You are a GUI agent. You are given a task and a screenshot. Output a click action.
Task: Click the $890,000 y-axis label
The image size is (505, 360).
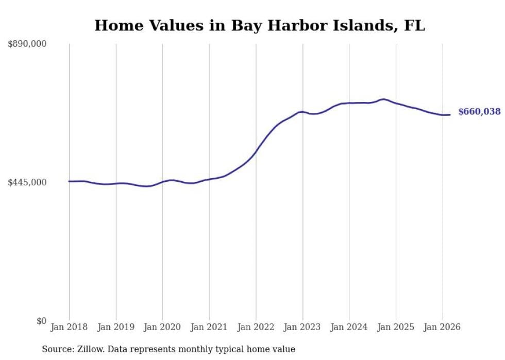pyautogui.click(x=27, y=44)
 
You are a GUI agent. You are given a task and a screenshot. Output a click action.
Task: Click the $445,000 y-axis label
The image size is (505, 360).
pyautogui.click(x=27, y=182)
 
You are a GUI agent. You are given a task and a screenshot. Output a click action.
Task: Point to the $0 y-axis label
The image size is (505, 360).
pyautogui.click(x=41, y=321)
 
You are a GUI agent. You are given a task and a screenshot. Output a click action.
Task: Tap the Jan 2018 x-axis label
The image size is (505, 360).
pyautogui.click(x=69, y=327)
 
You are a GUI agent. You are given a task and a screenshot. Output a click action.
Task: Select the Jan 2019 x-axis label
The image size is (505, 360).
pyautogui.click(x=116, y=327)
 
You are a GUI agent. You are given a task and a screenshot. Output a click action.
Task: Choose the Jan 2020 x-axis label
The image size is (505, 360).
pyautogui.click(x=162, y=327)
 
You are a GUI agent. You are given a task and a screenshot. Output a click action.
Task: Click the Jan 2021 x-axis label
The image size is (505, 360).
pyautogui.click(x=209, y=327)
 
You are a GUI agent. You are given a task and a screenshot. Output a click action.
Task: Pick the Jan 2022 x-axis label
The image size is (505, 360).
pyautogui.click(x=256, y=327)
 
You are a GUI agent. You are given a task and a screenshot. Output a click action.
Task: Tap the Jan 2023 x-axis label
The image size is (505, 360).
pyautogui.click(x=302, y=327)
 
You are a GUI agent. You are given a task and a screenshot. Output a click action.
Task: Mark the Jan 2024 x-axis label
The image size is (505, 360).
pyautogui.click(x=349, y=327)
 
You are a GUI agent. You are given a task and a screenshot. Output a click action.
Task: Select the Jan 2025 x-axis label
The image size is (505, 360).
pyautogui.click(x=396, y=327)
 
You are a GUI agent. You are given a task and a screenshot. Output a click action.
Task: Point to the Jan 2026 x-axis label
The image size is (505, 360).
pyautogui.click(x=442, y=327)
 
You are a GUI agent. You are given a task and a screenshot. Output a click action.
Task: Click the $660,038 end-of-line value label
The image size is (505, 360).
pyautogui.click(x=479, y=111)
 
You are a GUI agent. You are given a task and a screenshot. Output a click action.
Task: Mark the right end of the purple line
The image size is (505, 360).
pyautogui.click(x=450, y=115)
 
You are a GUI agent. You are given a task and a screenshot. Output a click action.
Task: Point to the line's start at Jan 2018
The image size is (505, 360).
pyautogui.click(x=69, y=181)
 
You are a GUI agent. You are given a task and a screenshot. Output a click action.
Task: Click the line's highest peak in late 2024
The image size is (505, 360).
pyautogui.click(x=383, y=99)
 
